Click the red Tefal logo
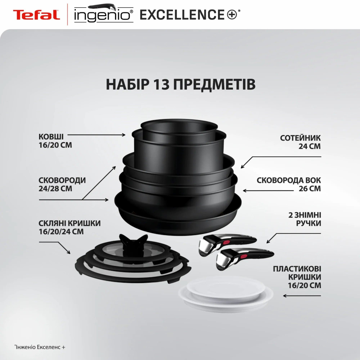pos(36,15)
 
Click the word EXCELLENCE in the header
pos(182,14)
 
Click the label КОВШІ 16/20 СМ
pos(55,141)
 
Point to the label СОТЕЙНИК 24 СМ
pos(300,142)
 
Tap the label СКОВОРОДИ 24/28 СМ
pos(62,184)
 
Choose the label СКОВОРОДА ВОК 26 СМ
pos(289,184)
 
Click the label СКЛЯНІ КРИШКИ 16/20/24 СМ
pos(70,227)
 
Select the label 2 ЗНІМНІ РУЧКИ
pos(305,219)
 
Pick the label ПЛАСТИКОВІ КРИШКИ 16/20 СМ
pos(297,277)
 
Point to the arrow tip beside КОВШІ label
pos(126,135)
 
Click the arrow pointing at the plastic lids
pos(302,296)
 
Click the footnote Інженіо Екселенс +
pos(40,347)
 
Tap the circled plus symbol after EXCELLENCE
pos(232,14)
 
